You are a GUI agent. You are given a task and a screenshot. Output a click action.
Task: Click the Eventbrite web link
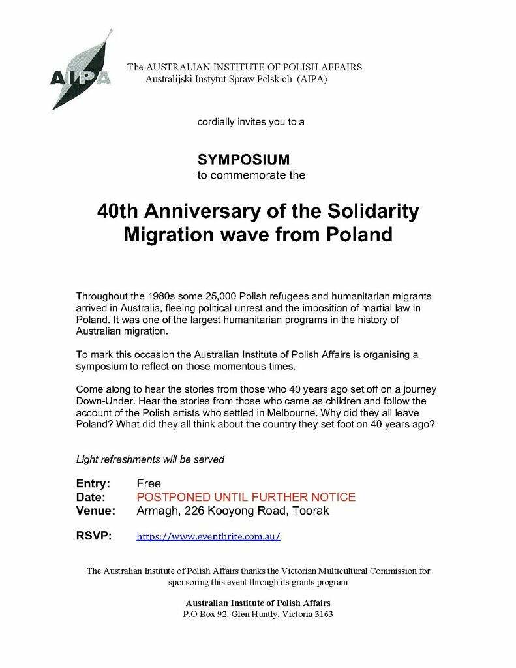[x=208, y=537]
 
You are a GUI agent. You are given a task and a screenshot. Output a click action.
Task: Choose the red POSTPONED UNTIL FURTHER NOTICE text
[x=246, y=497]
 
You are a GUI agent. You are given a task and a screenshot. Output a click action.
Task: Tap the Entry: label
[x=93, y=484]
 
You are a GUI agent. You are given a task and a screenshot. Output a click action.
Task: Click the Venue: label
[x=96, y=511]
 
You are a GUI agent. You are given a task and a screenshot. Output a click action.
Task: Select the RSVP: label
[x=94, y=536]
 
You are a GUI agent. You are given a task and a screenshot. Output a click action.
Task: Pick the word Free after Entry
[x=148, y=484]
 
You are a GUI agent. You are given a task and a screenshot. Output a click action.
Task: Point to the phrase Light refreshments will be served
[x=151, y=459]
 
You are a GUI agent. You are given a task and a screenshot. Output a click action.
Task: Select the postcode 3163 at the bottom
[x=321, y=614]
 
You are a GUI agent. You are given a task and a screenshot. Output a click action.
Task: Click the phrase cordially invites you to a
[x=251, y=121]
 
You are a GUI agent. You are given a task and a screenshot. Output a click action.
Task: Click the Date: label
[x=91, y=497]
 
